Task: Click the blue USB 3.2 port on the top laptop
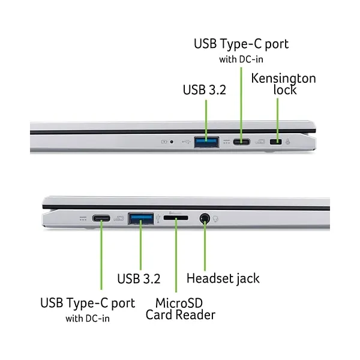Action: coord(206,142)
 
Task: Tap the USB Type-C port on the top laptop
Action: coord(241,142)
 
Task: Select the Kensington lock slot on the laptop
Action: coord(275,142)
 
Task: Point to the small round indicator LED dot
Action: coord(172,142)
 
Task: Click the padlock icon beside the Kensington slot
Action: coord(287,142)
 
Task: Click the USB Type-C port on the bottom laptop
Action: coord(101,218)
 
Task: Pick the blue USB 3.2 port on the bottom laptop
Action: coord(141,218)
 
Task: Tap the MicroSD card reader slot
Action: coord(176,218)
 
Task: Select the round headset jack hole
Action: coord(205,218)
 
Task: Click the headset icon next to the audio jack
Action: coord(215,219)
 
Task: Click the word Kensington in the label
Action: coord(284,79)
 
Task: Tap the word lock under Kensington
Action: coord(285,90)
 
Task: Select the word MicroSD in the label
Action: coord(179,303)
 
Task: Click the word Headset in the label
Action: coord(207,278)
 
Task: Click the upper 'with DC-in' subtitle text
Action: coord(241,59)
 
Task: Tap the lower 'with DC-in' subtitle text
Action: coord(88,319)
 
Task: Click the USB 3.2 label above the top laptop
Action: coord(205,90)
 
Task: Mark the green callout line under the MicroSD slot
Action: coord(176,255)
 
